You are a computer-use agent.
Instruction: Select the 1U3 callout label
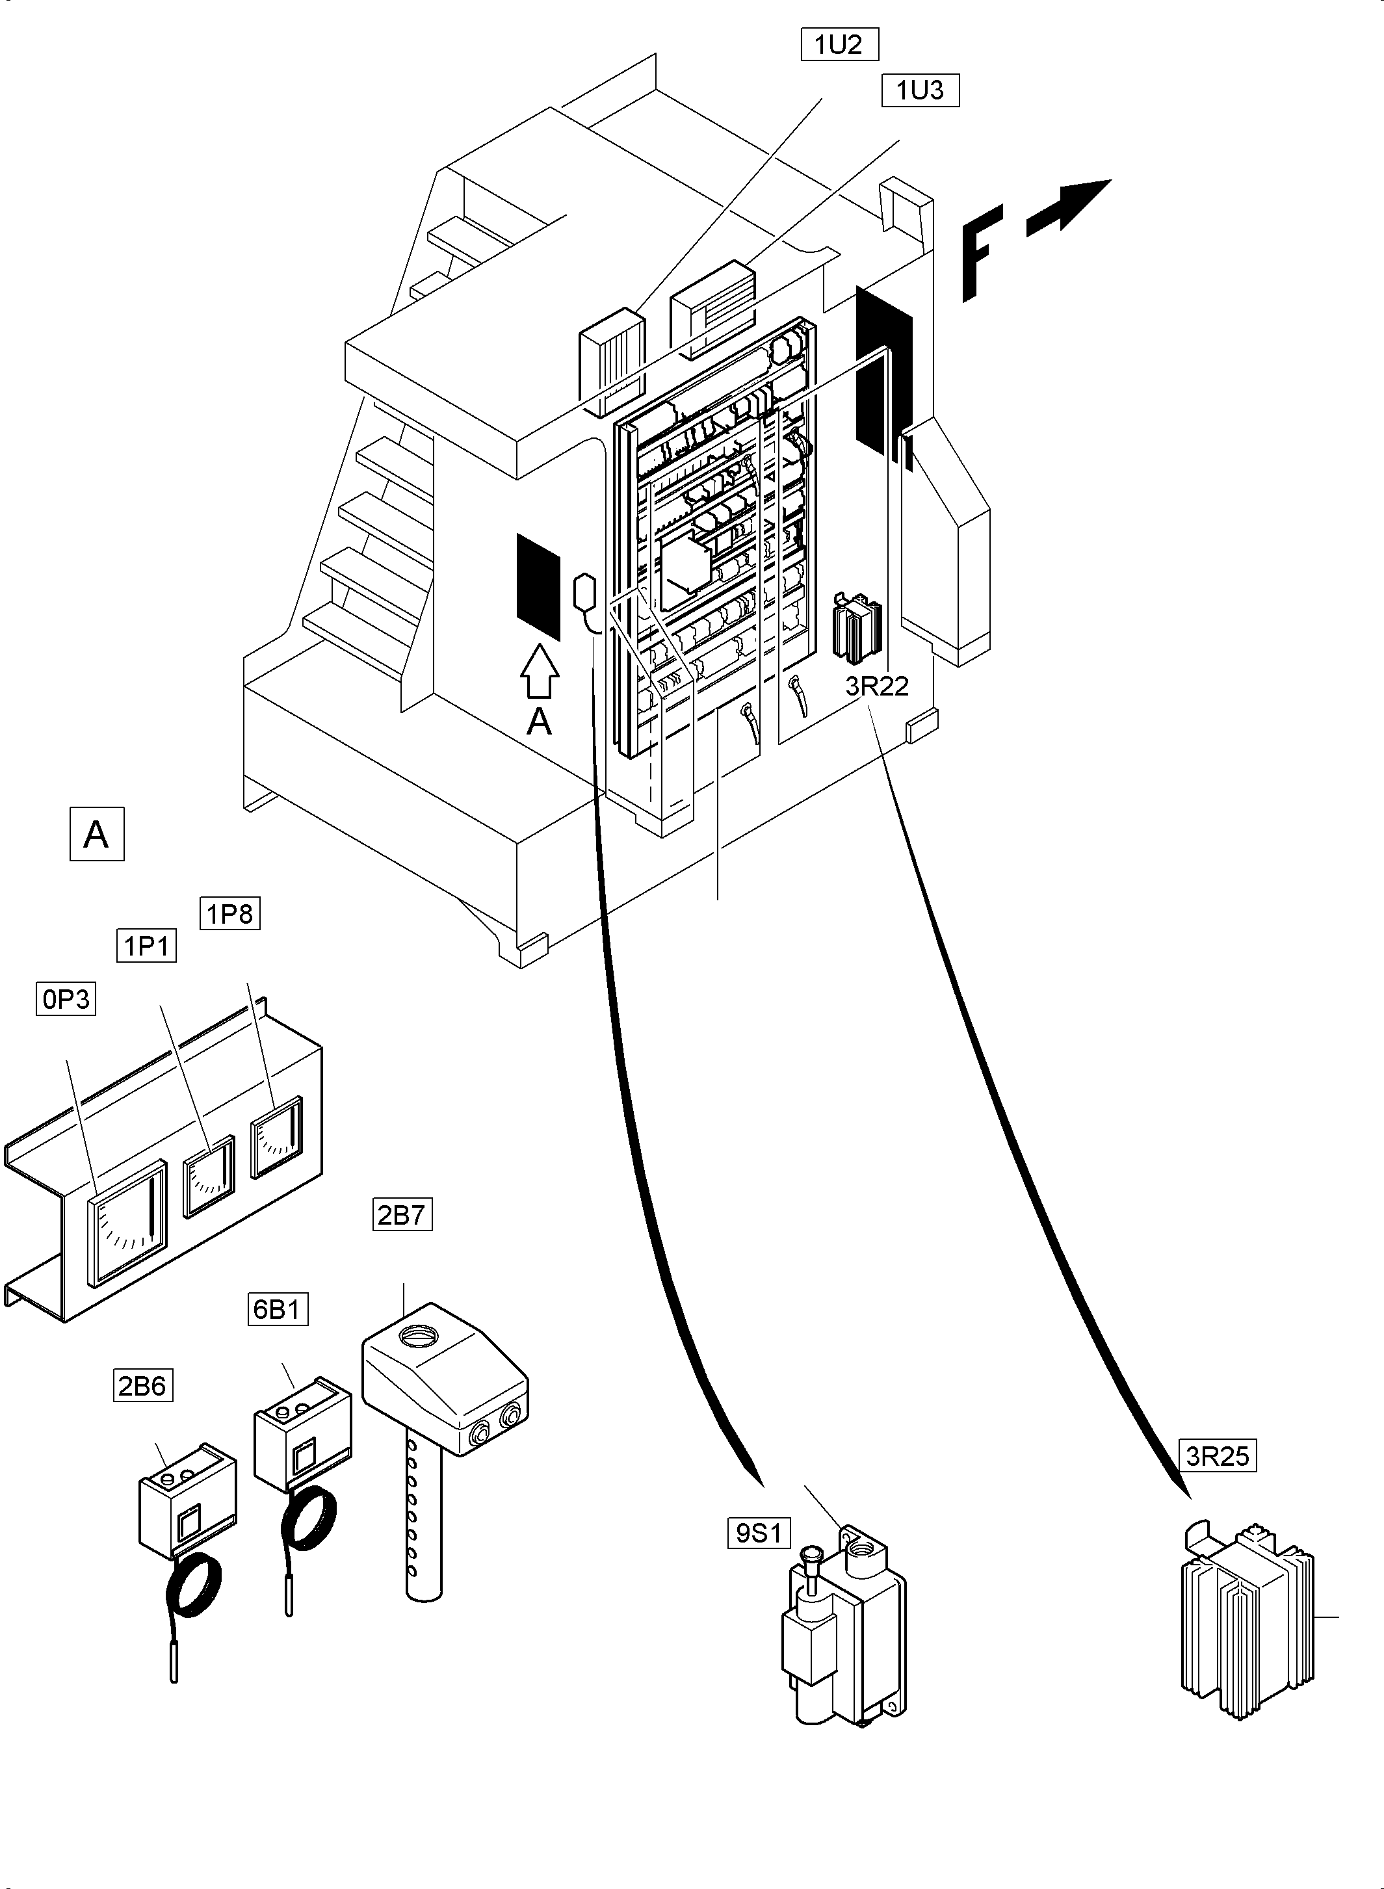[x=920, y=90]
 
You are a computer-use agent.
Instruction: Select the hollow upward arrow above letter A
[x=540, y=670]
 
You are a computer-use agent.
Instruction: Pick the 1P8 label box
[x=229, y=913]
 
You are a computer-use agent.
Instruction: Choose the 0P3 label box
[x=66, y=999]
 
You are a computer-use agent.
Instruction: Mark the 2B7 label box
[x=402, y=1215]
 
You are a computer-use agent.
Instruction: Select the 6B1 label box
[x=278, y=1309]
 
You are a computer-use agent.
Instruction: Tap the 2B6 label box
[x=142, y=1385]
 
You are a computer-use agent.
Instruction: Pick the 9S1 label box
[x=758, y=1533]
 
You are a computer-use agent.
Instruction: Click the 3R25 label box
[x=1218, y=1456]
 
